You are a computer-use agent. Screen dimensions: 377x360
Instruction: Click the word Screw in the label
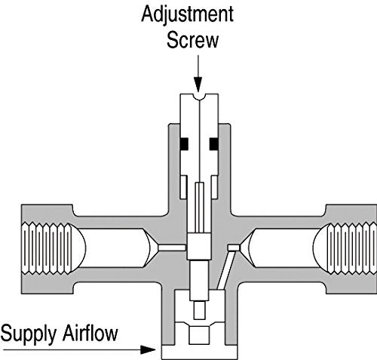pos(192,40)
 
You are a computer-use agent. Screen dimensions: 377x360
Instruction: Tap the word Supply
pos(29,334)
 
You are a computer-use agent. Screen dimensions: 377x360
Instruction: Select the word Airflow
pos(90,333)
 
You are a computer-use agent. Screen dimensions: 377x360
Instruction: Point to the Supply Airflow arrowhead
pos(148,349)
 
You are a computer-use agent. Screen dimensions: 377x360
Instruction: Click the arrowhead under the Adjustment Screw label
pos(198,85)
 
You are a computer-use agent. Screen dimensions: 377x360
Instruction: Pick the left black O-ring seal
pos(184,144)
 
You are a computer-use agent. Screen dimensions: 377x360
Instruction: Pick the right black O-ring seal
pos(214,144)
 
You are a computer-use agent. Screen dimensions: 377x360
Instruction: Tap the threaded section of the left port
pos(47,248)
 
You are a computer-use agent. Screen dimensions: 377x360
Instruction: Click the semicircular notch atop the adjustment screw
pos(200,97)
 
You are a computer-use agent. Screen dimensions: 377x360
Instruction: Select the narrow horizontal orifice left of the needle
pos(172,248)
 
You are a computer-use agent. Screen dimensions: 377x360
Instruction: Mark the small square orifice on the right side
pos(233,248)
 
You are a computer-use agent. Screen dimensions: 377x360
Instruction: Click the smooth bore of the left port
pos(115,248)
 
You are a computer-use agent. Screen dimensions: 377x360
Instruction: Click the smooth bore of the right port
pos(284,248)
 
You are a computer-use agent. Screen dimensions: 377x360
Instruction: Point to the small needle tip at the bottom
pos(200,310)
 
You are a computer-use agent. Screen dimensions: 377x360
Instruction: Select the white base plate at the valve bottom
pos(200,352)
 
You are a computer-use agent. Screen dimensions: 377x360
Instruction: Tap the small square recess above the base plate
pos(199,335)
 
